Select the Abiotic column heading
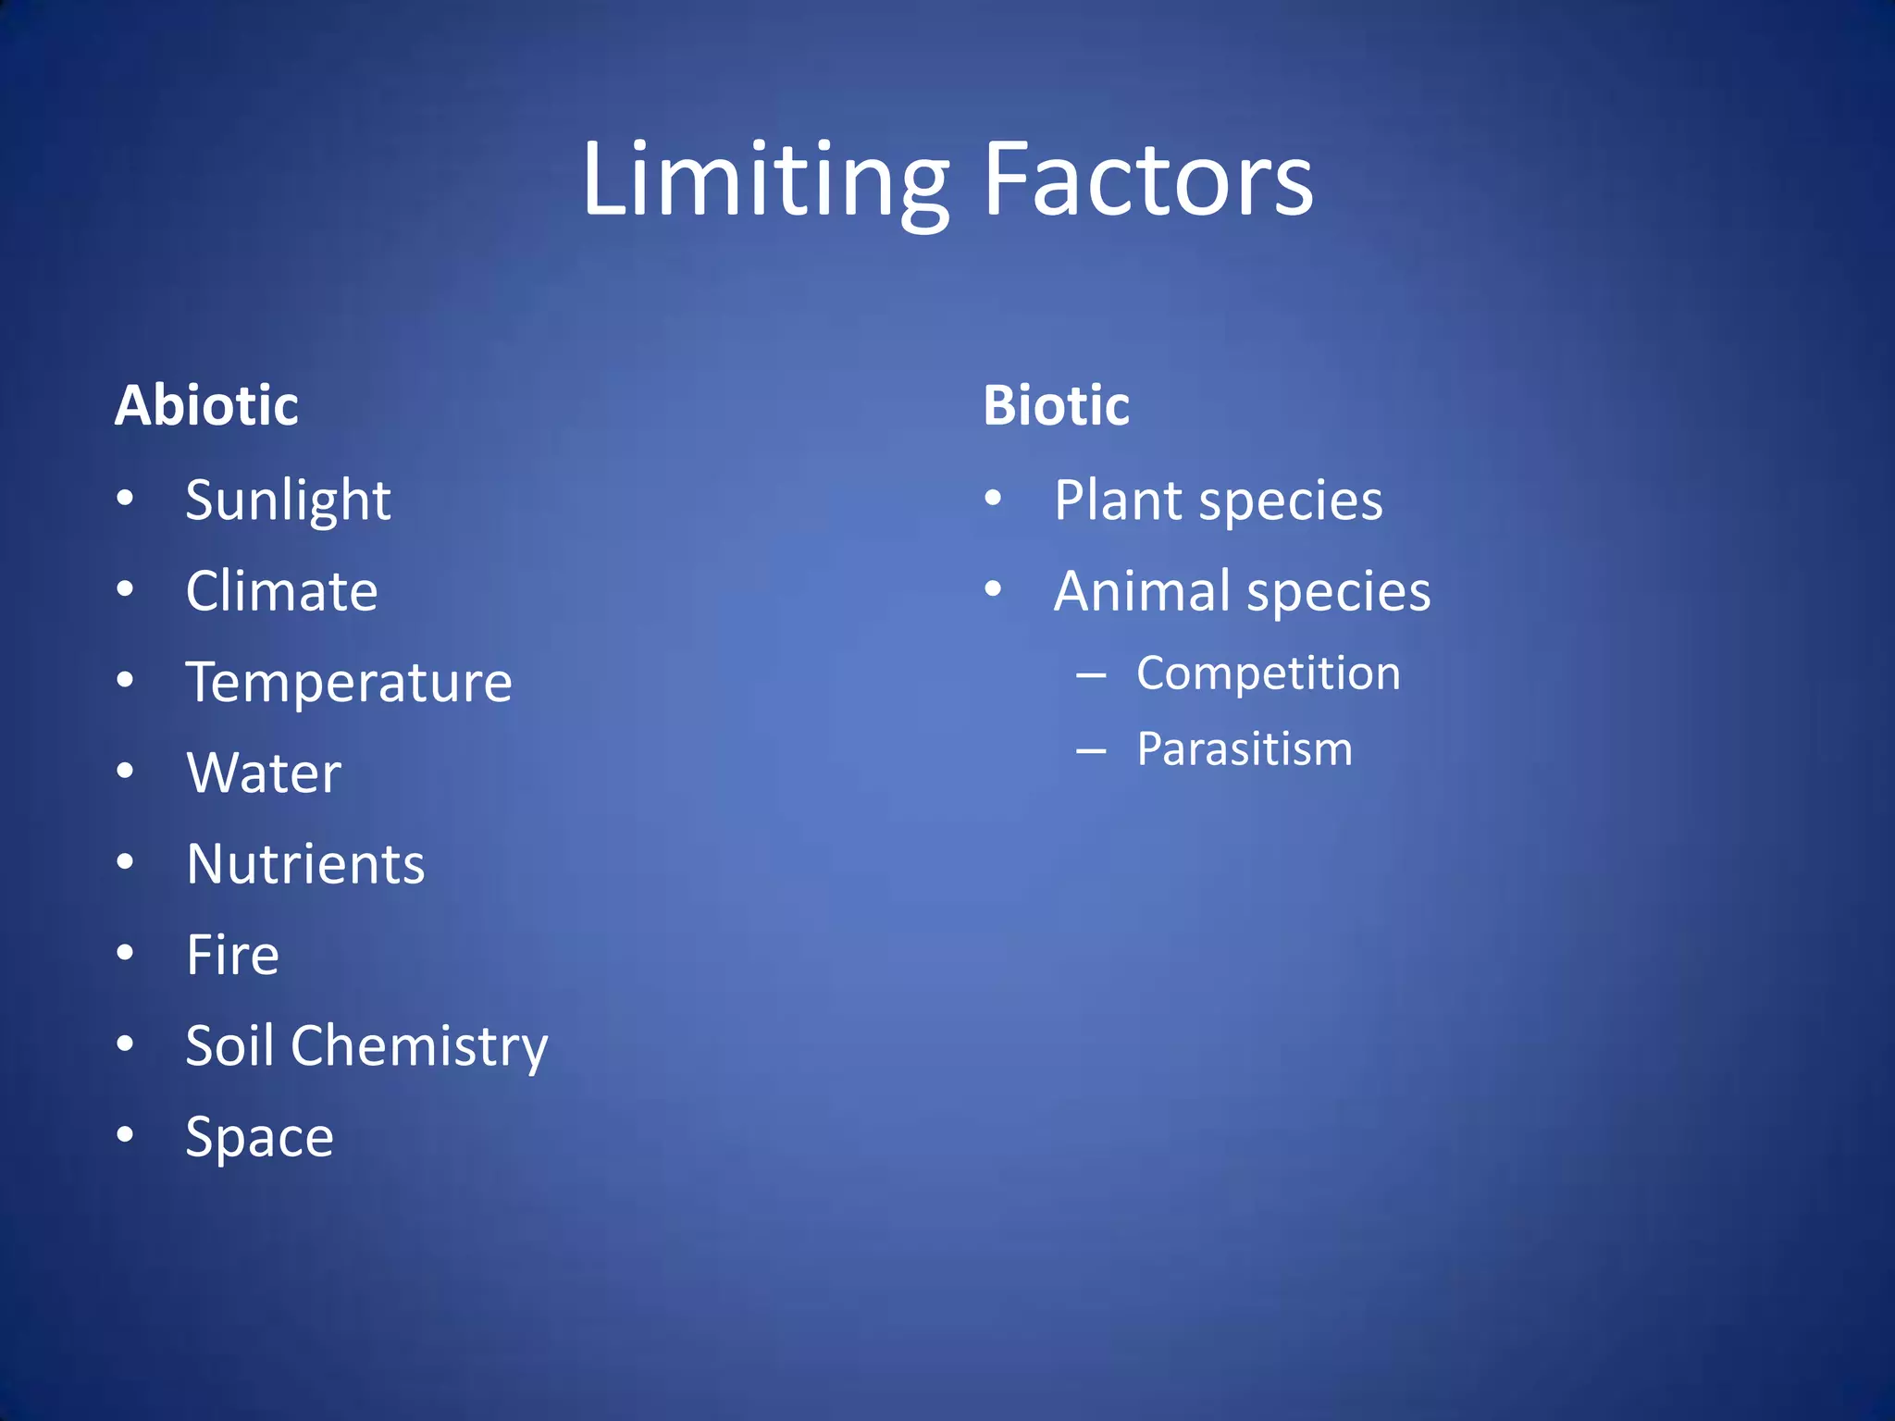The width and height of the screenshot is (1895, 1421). [206, 405]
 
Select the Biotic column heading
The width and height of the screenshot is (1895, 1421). [1056, 405]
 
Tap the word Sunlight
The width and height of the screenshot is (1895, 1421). [288, 501]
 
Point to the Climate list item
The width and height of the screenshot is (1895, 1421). [281, 591]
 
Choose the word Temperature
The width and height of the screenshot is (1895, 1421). [349, 683]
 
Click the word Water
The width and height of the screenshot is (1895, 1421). [264, 772]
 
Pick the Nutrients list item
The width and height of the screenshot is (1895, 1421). [305, 864]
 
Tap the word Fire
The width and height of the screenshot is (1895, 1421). [232, 955]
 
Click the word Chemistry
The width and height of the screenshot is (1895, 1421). [419, 1047]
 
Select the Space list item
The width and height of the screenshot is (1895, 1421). [259, 1138]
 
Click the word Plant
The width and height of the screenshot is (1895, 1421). [1118, 501]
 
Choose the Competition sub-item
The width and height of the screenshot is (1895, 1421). [1268, 673]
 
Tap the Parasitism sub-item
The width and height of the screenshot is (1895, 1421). [1244, 748]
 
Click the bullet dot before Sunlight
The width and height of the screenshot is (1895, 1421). [125, 499]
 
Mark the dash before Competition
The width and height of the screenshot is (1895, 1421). [1091, 675]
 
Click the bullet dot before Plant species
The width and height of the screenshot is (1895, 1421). [993, 499]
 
